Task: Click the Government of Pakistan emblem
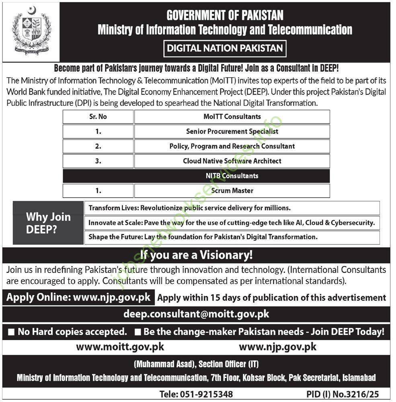tap(31, 31)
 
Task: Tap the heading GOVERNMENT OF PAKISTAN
tap(225, 15)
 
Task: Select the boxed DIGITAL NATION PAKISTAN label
tap(225, 49)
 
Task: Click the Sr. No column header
tap(98, 117)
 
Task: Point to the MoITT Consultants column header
tap(232, 117)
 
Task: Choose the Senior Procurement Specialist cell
tap(232, 131)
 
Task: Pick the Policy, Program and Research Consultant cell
tap(232, 146)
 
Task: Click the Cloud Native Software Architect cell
tap(232, 161)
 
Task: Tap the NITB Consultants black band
tap(232, 176)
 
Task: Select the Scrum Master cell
tap(232, 191)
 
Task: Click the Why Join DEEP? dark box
tap(48, 223)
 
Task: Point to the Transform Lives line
tap(189, 208)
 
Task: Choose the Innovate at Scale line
tap(232, 222)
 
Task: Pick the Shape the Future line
tap(203, 237)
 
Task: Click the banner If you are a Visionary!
tap(197, 255)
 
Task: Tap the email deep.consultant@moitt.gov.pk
tap(197, 314)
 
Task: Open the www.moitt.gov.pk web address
tap(120, 347)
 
